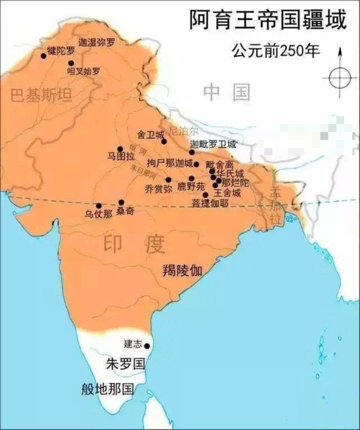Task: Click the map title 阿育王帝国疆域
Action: [268, 20]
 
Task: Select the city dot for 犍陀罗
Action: [44, 56]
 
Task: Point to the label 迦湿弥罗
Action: [96, 42]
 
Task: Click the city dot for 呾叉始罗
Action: [71, 63]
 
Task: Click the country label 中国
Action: [226, 92]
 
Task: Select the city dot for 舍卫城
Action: [164, 141]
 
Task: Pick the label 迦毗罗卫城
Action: [213, 144]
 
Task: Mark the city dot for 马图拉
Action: [120, 149]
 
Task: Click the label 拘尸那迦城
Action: [170, 164]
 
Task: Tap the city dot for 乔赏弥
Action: [168, 180]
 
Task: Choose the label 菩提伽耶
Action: [210, 203]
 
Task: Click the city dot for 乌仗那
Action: [99, 206]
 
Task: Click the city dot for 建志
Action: [147, 346]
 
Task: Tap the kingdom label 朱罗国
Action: [125, 364]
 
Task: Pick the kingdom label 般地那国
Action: [107, 389]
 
